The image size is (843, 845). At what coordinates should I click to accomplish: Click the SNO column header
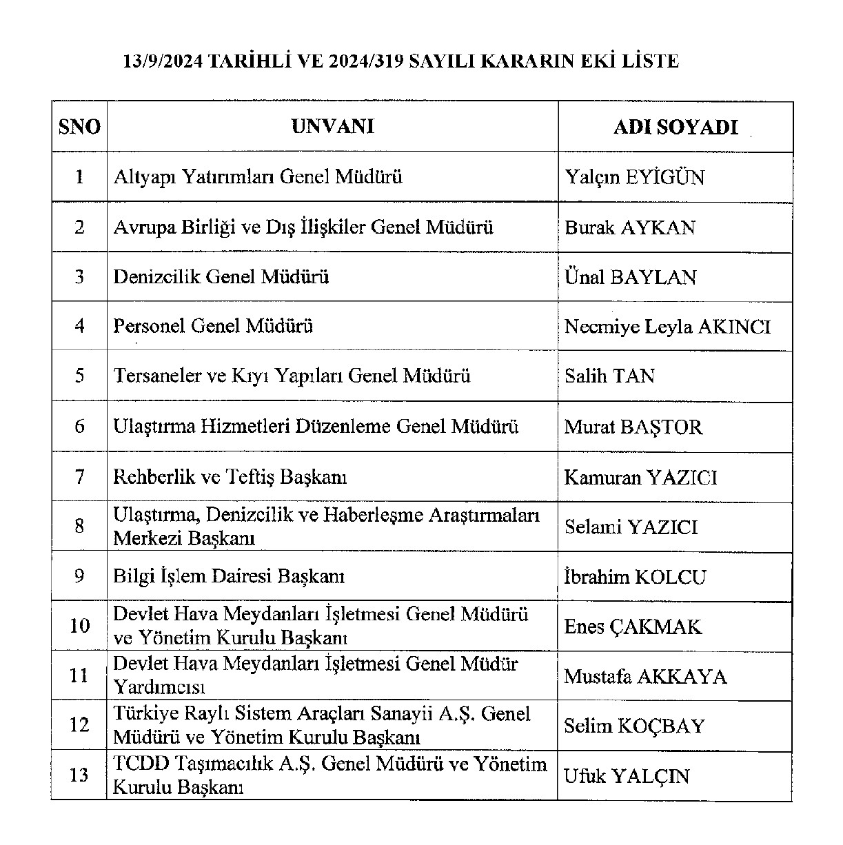tap(79, 128)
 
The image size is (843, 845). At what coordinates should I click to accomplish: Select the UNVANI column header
tap(332, 127)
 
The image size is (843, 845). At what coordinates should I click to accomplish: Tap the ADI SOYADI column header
tap(676, 128)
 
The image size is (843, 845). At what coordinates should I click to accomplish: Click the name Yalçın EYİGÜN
tap(635, 178)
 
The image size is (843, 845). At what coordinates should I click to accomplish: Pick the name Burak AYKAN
tap(630, 228)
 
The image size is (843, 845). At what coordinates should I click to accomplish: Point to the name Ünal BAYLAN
tap(631, 278)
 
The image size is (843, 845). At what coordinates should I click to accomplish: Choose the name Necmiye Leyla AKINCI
tap(667, 327)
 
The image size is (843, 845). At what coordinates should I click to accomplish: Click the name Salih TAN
tap(610, 376)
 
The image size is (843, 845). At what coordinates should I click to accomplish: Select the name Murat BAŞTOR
tap(633, 427)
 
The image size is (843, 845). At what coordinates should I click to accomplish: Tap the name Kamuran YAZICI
tap(640, 478)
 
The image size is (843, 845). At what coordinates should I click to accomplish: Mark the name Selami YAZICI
tap(631, 527)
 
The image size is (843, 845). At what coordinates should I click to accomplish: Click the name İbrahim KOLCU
tap(635, 577)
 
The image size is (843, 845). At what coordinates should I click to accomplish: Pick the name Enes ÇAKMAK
tap(633, 627)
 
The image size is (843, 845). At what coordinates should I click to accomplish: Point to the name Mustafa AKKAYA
tap(645, 677)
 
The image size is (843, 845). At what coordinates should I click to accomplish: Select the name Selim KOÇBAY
tap(634, 726)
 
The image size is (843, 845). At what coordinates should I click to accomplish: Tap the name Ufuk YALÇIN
tap(627, 777)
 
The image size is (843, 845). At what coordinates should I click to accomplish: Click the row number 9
tap(79, 576)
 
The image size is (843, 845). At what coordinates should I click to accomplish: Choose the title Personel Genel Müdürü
tap(213, 326)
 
